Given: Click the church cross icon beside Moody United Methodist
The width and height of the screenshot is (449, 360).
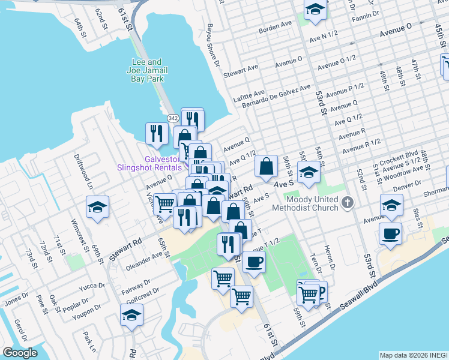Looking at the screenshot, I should coord(346,203).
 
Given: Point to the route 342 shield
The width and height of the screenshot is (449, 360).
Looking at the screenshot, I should coord(173,118).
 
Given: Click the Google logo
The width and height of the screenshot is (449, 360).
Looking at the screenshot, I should coord(20,353).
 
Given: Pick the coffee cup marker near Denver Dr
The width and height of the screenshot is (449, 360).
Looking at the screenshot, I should coord(391,233).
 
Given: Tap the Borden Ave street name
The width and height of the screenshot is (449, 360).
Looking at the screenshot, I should coord(275,28).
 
